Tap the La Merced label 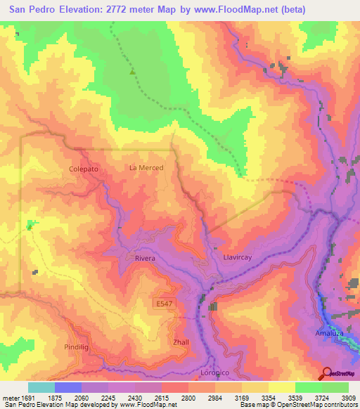coord(146,168)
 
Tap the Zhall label coord(181,342)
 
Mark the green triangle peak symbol coord(131,71)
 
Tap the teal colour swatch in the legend coord(41,387)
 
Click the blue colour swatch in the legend coord(67,387)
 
